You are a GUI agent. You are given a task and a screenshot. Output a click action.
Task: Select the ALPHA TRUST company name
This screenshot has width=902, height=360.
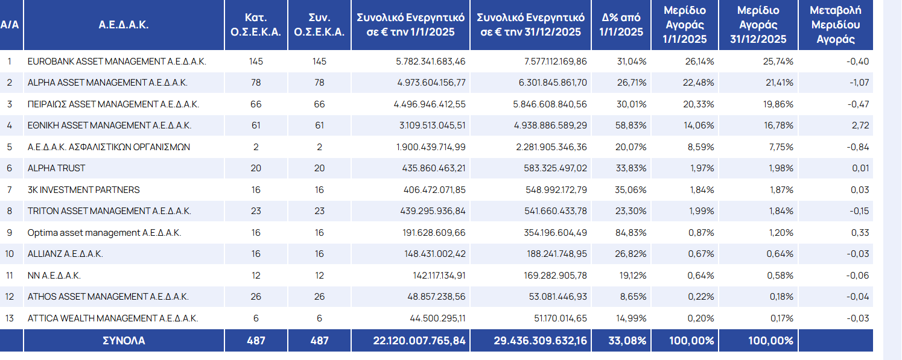(56, 168)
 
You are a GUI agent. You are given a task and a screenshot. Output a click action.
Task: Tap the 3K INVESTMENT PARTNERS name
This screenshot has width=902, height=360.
(83, 190)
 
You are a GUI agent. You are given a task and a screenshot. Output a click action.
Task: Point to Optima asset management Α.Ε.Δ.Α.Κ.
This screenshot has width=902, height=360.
(104, 233)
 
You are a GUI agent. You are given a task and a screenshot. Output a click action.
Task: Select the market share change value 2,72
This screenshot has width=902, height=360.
(860, 125)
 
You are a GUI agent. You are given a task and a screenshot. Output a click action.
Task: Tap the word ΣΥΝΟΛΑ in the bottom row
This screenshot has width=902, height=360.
(124, 341)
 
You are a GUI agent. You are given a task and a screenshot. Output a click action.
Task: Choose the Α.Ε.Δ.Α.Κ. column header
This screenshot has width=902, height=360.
(124, 25)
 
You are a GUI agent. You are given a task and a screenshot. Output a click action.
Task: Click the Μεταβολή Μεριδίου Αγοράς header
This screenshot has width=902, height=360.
(835, 25)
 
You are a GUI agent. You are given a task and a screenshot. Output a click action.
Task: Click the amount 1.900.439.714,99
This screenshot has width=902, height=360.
(430, 147)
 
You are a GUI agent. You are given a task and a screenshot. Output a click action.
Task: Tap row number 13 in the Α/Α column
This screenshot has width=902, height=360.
(9, 318)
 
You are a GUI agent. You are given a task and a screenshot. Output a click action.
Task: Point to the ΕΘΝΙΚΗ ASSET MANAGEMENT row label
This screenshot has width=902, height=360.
(109, 125)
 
